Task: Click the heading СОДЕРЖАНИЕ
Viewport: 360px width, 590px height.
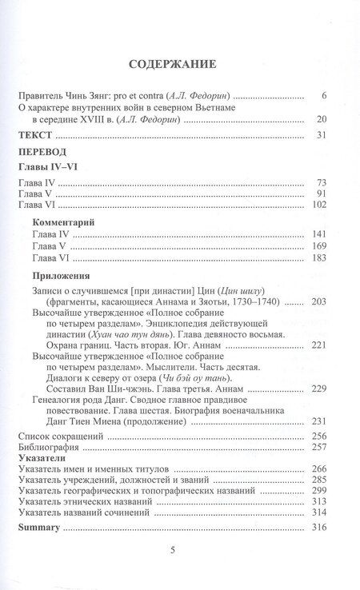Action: click(179, 63)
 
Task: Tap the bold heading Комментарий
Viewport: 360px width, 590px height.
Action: click(74, 225)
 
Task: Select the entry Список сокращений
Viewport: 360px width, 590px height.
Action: click(61, 437)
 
